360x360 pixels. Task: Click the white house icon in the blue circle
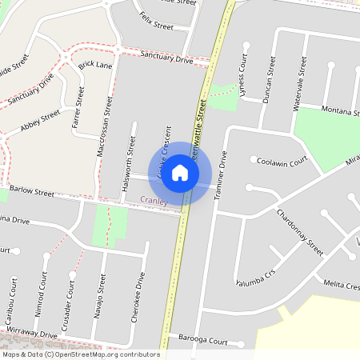(x=180, y=172)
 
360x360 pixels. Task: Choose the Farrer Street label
(x=78, y=109)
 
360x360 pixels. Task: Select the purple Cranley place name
(x=154, y=201)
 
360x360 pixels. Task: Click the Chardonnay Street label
(x=299, y=232)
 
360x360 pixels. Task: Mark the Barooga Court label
(x=203, y=340)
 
